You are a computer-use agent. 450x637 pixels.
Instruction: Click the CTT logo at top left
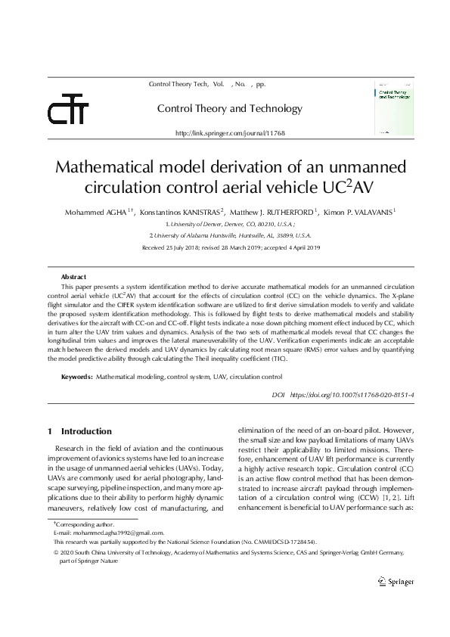click(68, 112)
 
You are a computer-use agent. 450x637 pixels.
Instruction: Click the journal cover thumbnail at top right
click(393, 109)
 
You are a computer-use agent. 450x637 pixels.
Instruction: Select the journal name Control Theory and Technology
click(229, 108)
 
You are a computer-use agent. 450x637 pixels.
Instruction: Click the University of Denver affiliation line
click(230, 225)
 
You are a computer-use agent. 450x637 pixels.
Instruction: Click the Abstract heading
click(73, 277)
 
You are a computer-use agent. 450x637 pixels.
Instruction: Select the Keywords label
click(76, 376)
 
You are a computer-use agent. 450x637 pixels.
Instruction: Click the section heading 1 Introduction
click(79, 431)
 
